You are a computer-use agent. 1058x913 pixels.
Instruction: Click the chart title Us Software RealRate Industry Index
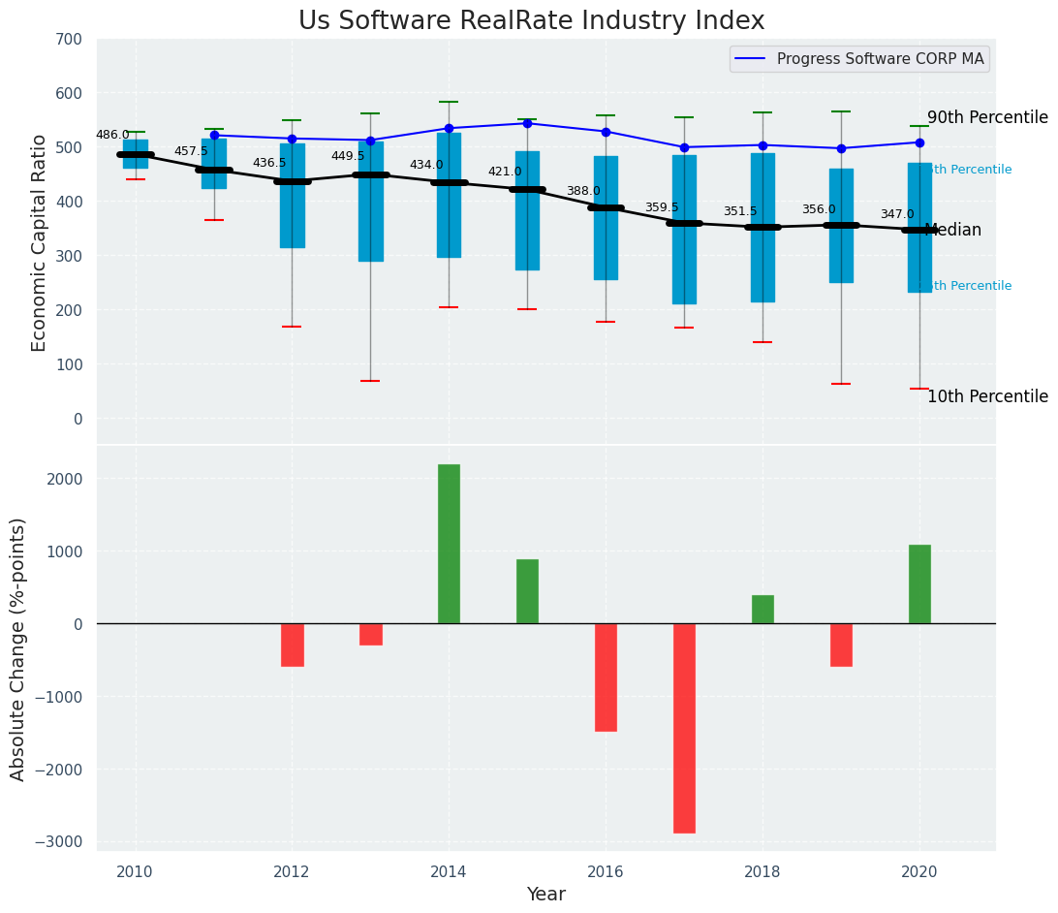pyautogui.click(x=531, y=21)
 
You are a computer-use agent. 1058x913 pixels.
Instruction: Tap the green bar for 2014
pyautogui.click(x=449, y=544)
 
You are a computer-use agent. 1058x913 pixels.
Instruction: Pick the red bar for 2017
pyautogui.click(x=684, y=728)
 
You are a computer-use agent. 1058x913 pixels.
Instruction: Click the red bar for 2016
pyautogui.click(x=606, y=677)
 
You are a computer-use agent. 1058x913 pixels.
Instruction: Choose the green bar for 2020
pyautogui.click(x=919, y=584)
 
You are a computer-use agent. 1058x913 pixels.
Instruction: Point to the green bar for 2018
pyautogui.click(x=762, y=610)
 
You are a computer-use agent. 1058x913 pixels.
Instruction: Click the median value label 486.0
pyautogui.click(x=112, y=135)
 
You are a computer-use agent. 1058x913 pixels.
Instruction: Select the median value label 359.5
pyautogui.click(x=662, y=207)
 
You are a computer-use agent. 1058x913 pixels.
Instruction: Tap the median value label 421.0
pyautogui.click(x=505, y=172)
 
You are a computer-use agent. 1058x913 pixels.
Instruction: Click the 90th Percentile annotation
pyautogui.click(x=987, y=117)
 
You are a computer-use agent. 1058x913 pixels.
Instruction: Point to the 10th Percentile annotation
pyautogui.click(x=987, y=396)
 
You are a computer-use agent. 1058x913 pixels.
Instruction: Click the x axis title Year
pyautogui.click(x=545, y=895)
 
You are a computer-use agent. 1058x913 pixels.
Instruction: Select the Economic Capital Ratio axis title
pyautogui.click(x=40, y=242)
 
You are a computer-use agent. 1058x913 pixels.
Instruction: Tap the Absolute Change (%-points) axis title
pyautogui.click(x=18, y=648)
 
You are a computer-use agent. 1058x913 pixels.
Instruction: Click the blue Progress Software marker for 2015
pyautogui.click(x=527, y=123)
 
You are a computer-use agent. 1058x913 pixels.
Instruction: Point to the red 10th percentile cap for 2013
pyautogui.click(x=370, y=381)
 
